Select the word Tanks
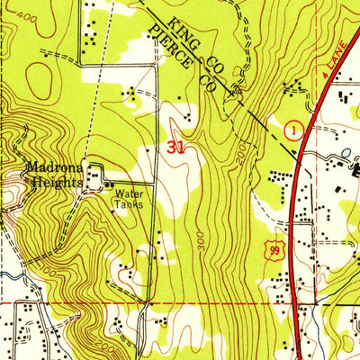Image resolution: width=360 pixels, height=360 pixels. [x=127, y=203]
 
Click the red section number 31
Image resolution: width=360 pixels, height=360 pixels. [x=175, y=148]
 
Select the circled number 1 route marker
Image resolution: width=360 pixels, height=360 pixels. [x=292, y=131]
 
